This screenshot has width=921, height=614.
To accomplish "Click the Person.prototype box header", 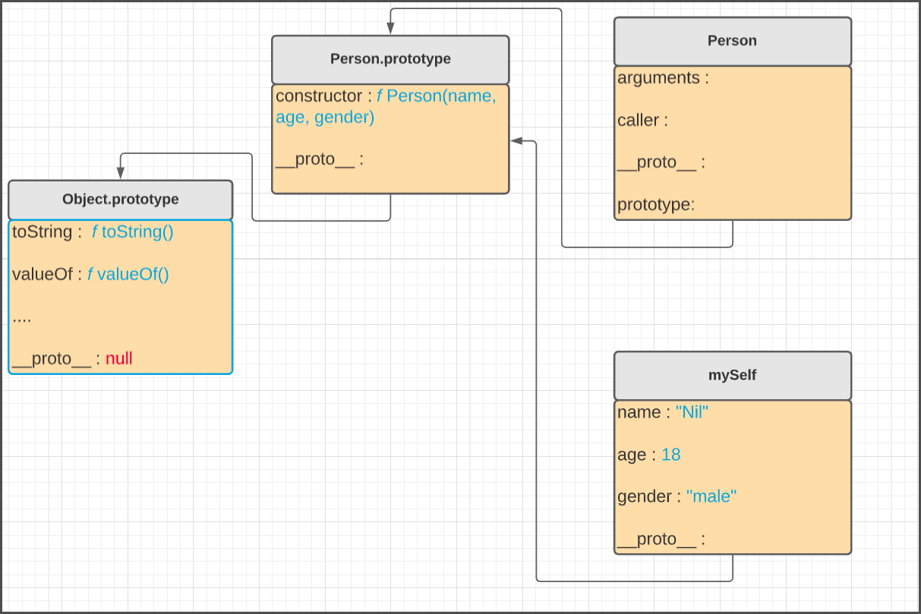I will coord(390,59).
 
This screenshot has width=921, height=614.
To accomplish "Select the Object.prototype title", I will coord(120,200).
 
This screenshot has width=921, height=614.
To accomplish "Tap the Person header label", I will coord(732,41).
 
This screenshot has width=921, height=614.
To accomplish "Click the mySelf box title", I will coord(732,375).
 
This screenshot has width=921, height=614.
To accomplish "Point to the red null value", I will coord(119,358).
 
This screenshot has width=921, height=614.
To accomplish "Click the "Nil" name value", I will coord(692,412).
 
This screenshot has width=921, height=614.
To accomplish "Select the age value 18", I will coord(670,455).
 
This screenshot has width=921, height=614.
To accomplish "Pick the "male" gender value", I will coord(711,496).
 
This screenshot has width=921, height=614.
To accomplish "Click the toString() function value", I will coord(132,231).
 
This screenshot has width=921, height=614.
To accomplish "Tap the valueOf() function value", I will coord(128,274).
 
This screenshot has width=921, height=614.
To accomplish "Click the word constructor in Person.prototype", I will coord(319,96).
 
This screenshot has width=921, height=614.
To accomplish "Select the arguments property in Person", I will coord(658,78).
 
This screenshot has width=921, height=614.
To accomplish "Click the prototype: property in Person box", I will coord(655,204).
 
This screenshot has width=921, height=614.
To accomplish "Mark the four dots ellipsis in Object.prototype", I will coord(22,316).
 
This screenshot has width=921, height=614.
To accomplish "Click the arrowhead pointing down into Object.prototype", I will coord(120,174).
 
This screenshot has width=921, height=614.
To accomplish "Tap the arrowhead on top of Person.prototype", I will coord(390,29).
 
